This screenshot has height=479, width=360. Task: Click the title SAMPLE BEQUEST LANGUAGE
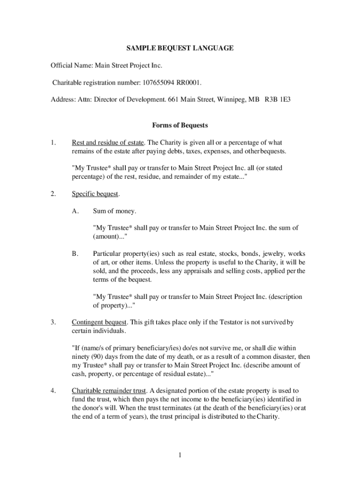[180, 48]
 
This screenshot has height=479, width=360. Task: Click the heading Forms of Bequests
[180, 125]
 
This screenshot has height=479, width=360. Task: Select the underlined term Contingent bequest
[99, 322]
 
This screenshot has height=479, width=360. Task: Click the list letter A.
[75, 211]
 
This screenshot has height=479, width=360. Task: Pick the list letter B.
[75, 254]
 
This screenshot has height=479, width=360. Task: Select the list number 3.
[54, 322]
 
